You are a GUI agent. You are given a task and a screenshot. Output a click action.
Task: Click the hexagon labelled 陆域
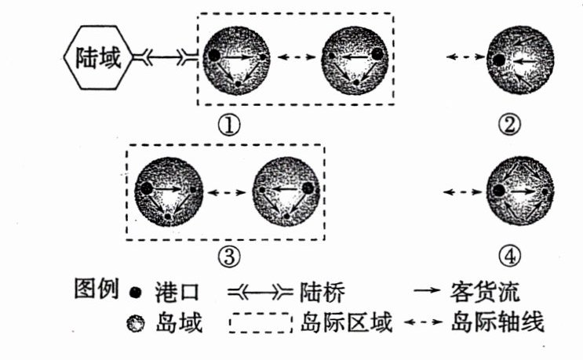click(x=93, y=57)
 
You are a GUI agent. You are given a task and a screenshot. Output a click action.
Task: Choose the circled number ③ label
click(x=227, y=255)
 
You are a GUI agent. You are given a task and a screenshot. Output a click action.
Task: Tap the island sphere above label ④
click(x=519, y=191)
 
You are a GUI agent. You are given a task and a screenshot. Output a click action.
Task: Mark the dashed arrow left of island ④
click(x=461, y=191)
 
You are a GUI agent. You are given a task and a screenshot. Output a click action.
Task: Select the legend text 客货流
click(x=479, y=292)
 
